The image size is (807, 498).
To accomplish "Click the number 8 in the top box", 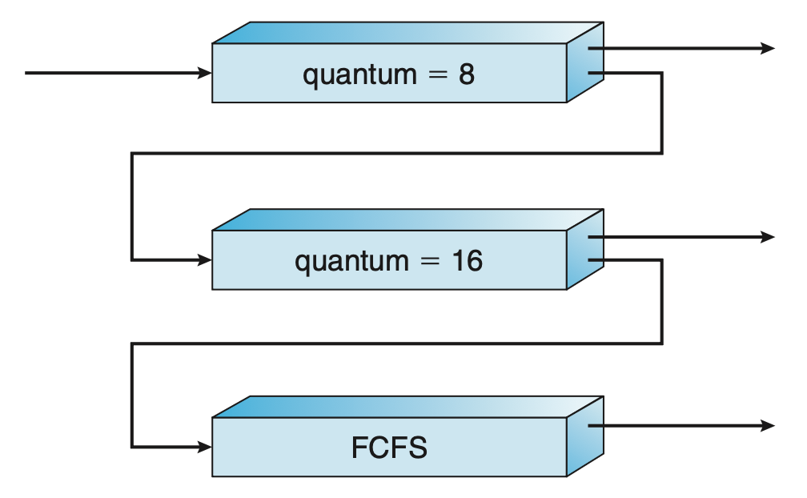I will coord(466,74).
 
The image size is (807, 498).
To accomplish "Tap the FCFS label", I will coord(389,448).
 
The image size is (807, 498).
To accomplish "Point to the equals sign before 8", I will coord(436,75).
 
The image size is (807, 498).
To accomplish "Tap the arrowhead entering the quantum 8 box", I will coord(205,74).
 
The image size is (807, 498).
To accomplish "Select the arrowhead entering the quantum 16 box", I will coord(205,260).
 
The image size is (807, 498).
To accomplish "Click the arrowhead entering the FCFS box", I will coord(205,446).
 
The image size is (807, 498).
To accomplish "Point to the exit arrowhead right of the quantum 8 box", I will coord(768,49).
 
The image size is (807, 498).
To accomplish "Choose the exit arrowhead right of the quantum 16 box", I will coord(768,237).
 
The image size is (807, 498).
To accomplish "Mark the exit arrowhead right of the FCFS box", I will coord(768,425).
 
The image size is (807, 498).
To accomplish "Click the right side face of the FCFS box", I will coord(584,436).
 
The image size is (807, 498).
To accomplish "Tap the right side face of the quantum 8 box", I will coord(584,62).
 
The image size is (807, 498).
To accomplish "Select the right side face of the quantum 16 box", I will coord(584,250).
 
